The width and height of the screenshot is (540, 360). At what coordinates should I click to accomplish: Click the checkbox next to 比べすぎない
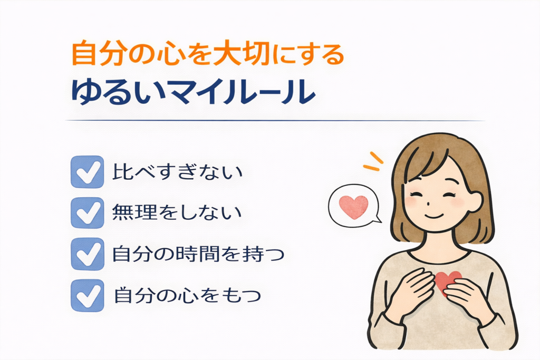point(87,172)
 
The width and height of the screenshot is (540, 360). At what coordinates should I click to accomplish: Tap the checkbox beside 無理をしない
point(87,213)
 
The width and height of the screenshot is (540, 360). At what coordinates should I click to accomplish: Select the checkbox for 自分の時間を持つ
point(87,254)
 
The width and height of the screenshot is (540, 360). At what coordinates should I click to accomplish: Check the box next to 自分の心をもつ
point(87,295)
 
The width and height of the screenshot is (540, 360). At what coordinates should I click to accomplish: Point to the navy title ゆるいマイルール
point(193,92)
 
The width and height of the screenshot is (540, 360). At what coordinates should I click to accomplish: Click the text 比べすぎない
point(178,171)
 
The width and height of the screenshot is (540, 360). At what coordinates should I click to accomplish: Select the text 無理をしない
point(177,212)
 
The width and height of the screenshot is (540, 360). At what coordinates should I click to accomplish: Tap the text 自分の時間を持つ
point(198,254)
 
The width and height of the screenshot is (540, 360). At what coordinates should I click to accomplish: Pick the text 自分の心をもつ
point(187,295)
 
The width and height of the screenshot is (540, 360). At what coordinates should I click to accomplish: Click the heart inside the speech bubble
point(354,207)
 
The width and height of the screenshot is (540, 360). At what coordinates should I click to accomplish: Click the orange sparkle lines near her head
point(373,161)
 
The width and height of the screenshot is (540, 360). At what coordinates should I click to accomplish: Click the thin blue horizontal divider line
point(275,121)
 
